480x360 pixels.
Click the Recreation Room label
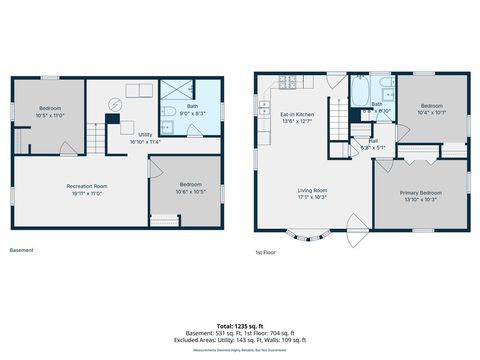[x=87, y=187]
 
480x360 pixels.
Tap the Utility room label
[x=145, y=134]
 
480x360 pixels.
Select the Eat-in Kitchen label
[x=297, y=116]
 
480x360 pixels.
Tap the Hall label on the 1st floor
[x=372, y=141]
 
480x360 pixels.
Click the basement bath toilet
[x=169, y=111]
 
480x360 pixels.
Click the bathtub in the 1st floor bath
[x=359, y=95]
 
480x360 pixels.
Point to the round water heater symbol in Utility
[x=113, y=103]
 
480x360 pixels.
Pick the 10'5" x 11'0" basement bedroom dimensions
[x=50, y=116]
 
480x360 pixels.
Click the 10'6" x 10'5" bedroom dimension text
[x=190, y=191]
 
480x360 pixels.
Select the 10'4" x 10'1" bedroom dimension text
[x=431, y=112]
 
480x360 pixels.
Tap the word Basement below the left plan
[x=21, y=250]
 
